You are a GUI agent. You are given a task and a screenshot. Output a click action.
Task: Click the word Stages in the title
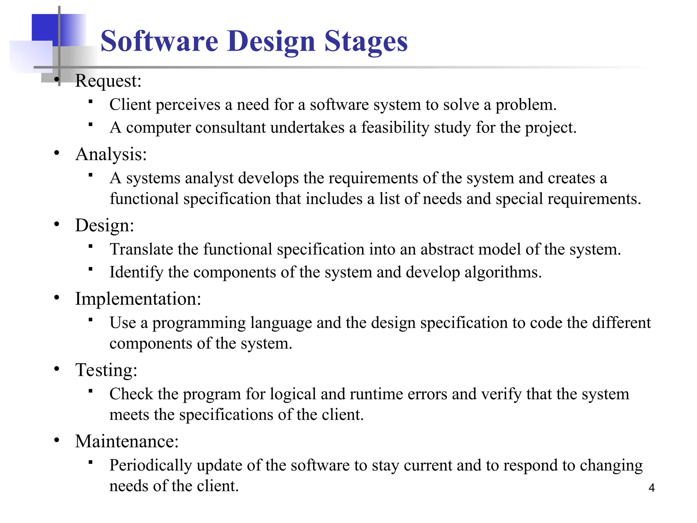(x=366, y=41)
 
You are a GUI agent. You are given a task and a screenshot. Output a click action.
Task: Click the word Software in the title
(x=159, y=41)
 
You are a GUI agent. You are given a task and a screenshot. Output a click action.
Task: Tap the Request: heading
(x=108, y=81)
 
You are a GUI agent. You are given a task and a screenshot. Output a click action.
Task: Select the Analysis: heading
(x=111, y=154)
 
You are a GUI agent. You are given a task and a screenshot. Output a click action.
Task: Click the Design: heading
(x=104, y=225)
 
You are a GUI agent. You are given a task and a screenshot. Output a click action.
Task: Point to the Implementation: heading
(x=138, y=299)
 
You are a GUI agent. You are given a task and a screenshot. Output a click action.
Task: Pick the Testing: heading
(x=106, y=370)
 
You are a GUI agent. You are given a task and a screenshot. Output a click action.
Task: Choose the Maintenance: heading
(x=127, y=441)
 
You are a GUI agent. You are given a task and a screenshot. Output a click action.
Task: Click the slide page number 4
(x=651, y=488)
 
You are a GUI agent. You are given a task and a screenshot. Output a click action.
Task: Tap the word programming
(x=199, y=323)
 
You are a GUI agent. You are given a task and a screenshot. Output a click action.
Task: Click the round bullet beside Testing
(x=57, y=369)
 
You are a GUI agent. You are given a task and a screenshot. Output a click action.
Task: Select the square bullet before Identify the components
(x=90, y=269)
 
